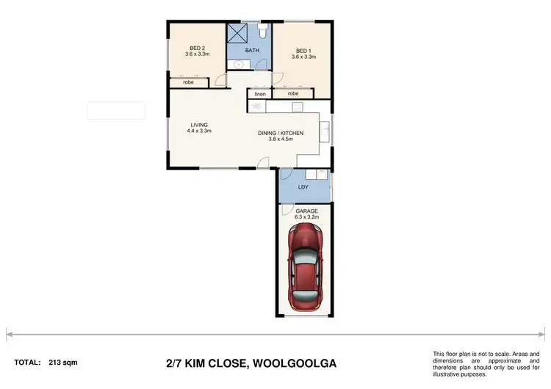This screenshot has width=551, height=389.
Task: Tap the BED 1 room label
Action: click(303, 50)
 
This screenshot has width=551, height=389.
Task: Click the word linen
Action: click(259, 94)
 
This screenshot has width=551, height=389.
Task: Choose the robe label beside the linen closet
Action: click(293, 94)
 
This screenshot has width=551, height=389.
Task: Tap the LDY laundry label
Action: click(303, 187)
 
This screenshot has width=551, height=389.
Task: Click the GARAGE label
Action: click(306, 211)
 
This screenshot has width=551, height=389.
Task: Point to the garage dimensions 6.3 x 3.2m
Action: click(307, 217)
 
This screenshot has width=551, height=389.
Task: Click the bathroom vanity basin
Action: click(237, 65)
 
